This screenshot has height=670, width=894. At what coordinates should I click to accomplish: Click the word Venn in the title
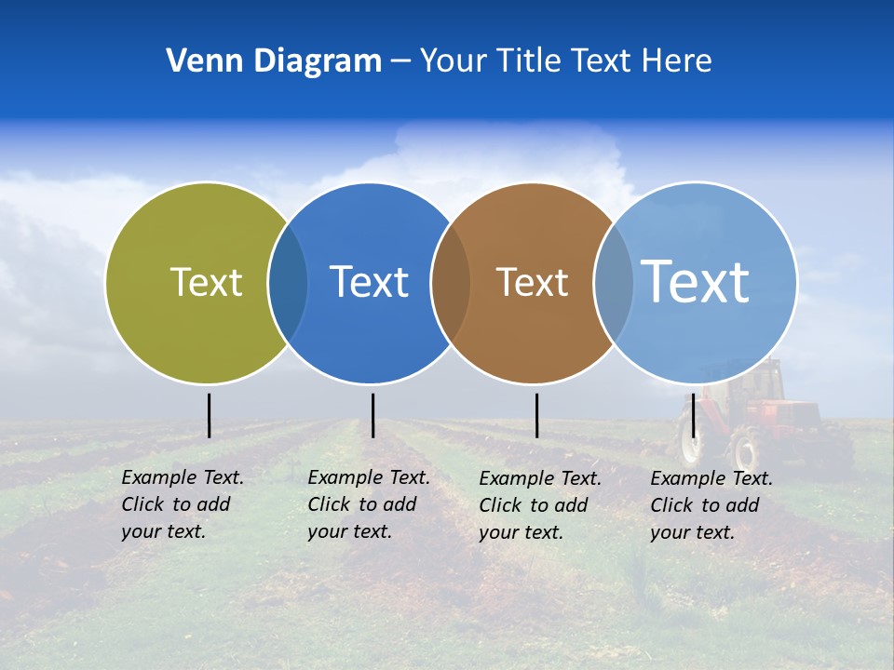[197, 61]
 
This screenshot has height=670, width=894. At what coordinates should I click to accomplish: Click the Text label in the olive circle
[206, 282]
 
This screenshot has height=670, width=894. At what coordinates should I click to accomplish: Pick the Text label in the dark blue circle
[370, 282]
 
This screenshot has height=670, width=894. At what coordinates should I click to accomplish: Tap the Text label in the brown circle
[532, 282]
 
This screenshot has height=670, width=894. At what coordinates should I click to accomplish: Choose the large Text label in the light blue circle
[696, 281]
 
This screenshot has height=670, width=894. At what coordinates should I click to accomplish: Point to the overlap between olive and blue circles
[288, 282]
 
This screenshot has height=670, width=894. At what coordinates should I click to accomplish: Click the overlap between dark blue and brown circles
[451, 282]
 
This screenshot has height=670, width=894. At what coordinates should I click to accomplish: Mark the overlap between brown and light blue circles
[614, 282]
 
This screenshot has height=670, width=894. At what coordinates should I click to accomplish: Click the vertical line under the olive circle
[209, 415]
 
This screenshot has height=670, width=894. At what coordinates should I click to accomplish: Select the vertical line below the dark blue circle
[372, 415]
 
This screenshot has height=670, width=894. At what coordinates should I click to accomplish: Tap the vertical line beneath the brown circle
[536, 415]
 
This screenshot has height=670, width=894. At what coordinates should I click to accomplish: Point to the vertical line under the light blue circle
[694, 415]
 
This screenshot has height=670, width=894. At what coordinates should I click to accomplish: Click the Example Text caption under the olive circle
[182, 504]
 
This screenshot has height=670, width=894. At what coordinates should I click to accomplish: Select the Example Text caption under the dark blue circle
[368, 504]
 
